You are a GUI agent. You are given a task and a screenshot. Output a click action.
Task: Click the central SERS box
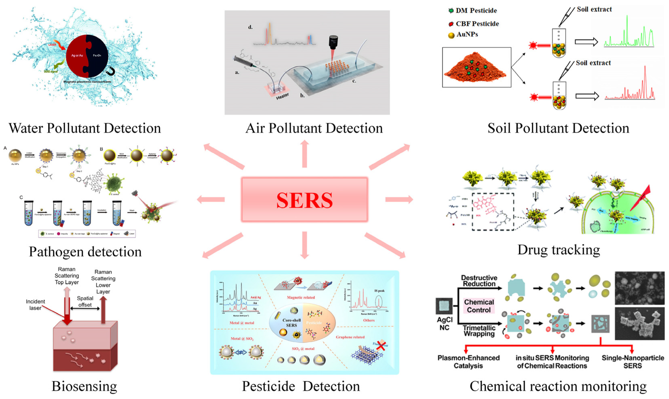304,200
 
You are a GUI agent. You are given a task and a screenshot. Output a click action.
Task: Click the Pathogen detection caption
85,252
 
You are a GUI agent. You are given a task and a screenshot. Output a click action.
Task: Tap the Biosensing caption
84,386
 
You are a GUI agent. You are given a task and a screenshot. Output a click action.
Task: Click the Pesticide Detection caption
301,386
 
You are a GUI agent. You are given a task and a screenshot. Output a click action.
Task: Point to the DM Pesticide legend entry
473,11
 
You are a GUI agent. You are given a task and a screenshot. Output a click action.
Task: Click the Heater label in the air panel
282,96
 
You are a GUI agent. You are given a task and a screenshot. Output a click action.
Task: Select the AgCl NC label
444,323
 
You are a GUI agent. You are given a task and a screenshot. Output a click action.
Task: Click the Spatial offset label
85,301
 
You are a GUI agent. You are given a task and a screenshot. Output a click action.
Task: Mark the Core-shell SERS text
292,323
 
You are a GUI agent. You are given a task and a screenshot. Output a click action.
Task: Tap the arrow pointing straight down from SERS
304,245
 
